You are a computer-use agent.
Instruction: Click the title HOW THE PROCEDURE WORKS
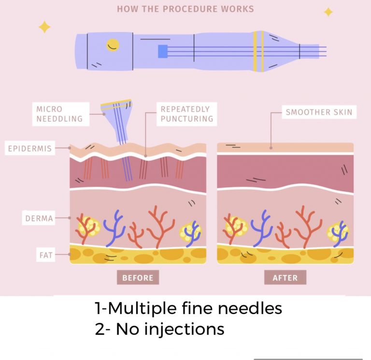[x=185, y=9]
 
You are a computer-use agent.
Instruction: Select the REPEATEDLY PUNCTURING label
[x=186, y=114]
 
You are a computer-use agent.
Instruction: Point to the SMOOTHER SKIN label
[x=319, y=113]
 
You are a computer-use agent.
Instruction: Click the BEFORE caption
[x=138, y=278]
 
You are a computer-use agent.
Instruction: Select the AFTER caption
[x=285, y=278]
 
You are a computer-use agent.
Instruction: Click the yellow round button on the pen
[x=113, y=45]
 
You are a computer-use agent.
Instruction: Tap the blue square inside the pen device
[x=163, y=51]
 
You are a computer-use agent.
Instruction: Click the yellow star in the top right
[x=328, y=12]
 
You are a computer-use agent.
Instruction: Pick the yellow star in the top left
[x=44, y=27]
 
